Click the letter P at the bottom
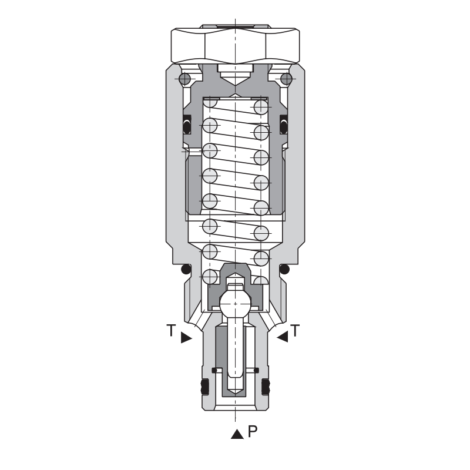point(253,431)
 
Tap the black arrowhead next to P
point(237,434)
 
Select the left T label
point(171,330)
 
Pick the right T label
point(296,330)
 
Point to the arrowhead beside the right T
point(282,336)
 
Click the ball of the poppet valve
point(236,304)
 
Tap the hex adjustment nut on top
point(236,45)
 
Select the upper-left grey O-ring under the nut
point(184,79)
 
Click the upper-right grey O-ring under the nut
point(286,79)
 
